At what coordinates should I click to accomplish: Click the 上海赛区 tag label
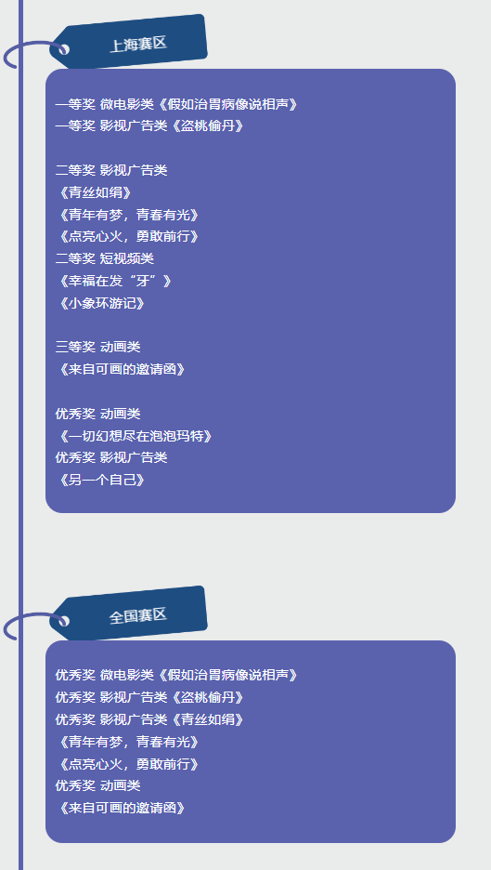pos(138,44)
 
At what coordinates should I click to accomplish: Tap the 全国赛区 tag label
pos(138,615)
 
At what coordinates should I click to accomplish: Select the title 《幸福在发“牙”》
pos(113,282)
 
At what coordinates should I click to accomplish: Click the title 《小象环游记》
pos(100,304)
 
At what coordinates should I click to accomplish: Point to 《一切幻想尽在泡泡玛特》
pos(134,436)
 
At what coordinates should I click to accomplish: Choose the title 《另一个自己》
pos(100,480)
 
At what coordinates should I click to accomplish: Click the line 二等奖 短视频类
pos(105,258)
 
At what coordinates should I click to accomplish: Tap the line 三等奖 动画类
pos(98,348)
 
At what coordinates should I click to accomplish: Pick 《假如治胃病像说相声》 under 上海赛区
pos(227,104)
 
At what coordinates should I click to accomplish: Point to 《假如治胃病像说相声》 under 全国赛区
pos(227,675)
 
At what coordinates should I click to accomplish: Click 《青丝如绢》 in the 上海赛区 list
pos(94,192)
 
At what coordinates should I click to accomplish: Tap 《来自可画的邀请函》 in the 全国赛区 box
pos(121,808)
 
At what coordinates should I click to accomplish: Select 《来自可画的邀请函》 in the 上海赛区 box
pos(121,370)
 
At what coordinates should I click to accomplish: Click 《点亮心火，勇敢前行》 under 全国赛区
pos(127,764)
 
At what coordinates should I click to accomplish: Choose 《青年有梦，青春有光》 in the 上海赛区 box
pos(127,215)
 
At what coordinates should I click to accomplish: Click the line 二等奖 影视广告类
pos(111,170)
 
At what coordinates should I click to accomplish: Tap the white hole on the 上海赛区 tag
pos(64,49)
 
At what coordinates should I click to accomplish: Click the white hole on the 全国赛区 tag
pos(64,621)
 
